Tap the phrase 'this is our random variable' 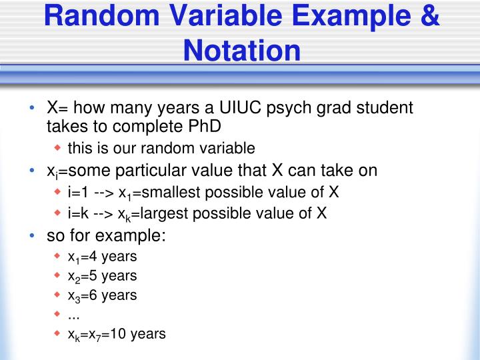click(x=161, y=147)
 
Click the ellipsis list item click(x=73, y=314)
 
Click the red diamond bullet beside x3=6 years click(x=57, y=295)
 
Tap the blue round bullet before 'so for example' click(x=33, y=236)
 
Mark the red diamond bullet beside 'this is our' click(x=57, y=147)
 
